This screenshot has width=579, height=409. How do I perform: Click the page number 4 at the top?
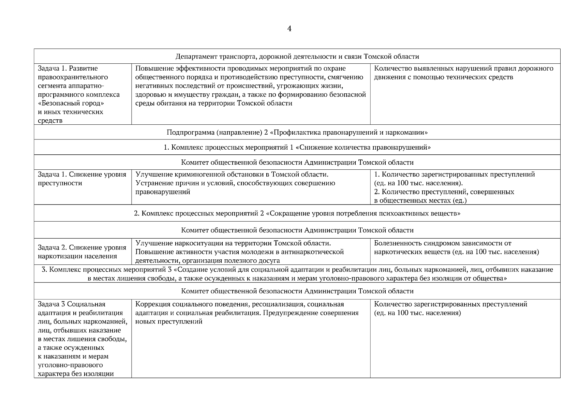click(x=289, y=29)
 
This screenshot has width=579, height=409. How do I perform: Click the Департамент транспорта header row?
click(x=297, y=57)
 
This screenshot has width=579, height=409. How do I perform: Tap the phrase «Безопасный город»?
click(x=71, y=103)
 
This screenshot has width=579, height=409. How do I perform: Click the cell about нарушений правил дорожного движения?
click(x=464, y=73)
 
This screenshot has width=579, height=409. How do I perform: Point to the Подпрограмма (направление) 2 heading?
click(x=297, y=132)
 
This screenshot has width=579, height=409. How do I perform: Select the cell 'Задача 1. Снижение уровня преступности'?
click(x=82, y=179)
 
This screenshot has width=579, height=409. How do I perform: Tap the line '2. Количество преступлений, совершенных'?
click(x=444, y=192)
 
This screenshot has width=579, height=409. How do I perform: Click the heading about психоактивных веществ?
click(x=297, y=214)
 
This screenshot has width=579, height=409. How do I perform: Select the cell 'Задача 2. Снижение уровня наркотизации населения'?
click(x=82, y=252)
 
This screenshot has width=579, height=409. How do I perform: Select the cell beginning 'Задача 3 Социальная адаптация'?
click(x=82, y=338)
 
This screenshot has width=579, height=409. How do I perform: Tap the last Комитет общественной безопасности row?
click(x=297, y=291)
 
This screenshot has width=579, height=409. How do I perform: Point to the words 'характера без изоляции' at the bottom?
click(x=75, y=374)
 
